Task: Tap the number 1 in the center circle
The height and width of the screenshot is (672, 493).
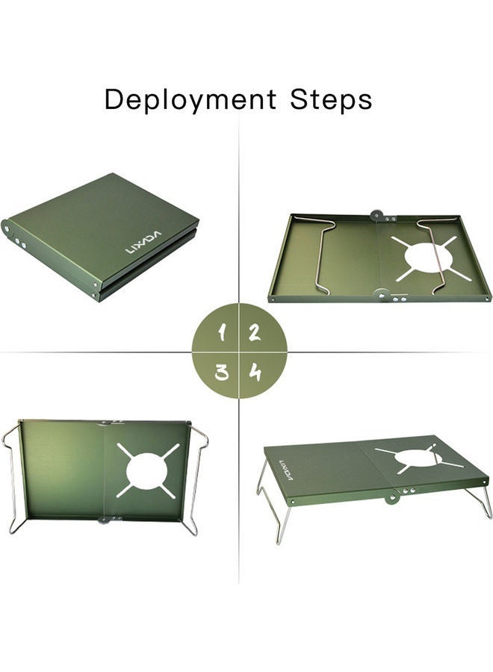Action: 221,333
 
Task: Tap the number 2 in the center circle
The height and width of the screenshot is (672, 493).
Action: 255,333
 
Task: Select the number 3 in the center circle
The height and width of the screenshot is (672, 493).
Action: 221,371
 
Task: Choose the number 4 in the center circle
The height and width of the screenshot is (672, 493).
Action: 255,371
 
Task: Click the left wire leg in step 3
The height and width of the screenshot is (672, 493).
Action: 12,478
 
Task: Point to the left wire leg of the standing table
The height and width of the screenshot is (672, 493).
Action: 270,508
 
